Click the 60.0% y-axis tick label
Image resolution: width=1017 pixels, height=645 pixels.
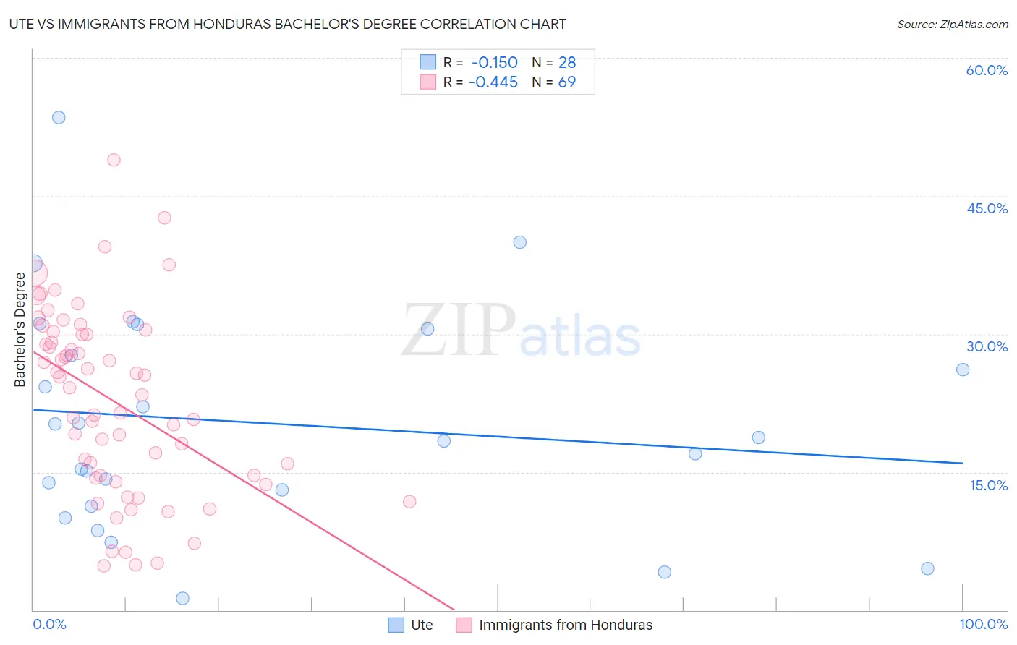point(987,70)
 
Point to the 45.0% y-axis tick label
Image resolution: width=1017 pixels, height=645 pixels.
point(987,208)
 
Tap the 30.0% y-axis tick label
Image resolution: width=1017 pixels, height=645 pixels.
point(987,346)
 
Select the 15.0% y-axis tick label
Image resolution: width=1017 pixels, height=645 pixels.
point(988,485)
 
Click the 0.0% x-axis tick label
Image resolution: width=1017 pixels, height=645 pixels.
point(49,624)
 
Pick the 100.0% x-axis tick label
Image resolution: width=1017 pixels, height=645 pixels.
point(983,624)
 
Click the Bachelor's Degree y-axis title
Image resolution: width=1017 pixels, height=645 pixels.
point(20,330)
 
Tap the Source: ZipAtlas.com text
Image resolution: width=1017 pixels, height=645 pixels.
point(952,24)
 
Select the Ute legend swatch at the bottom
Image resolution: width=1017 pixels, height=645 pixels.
point(396,625)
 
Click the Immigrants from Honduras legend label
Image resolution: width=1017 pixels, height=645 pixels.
point(566,625)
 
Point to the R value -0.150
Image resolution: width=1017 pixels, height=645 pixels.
point(495,62)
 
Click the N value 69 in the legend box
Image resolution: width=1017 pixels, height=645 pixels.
point(567,82)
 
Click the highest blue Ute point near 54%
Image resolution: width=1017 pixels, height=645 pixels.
point(59,117)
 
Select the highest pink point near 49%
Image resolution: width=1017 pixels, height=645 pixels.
point(114,160)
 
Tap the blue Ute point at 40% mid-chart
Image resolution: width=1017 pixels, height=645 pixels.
point(520,242)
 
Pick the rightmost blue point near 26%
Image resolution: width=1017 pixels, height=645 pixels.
point(963,370)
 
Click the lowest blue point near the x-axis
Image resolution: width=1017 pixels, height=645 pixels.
point(182,598)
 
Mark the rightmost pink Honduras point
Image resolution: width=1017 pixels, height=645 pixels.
point(409,501)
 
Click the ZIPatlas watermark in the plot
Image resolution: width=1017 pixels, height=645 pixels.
point(521,331)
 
